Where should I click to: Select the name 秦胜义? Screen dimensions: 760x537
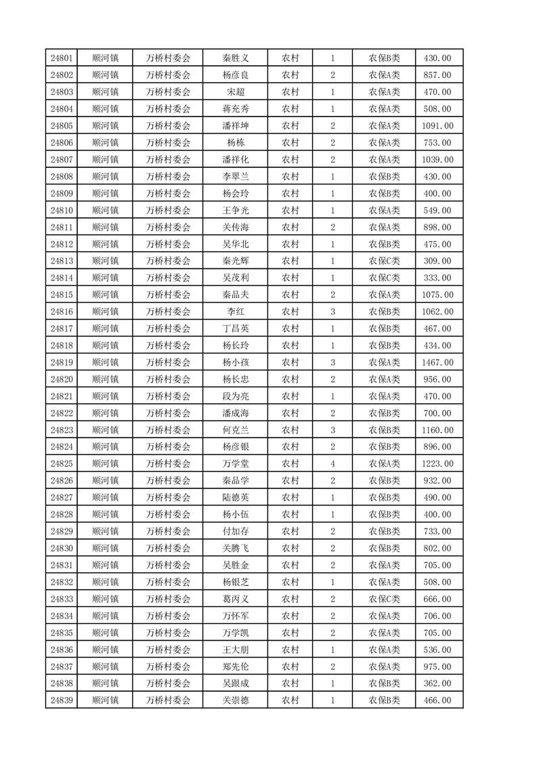tap(236, 58)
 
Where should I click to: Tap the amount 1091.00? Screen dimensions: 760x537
tap(437, 126)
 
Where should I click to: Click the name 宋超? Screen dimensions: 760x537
tap(236, 92)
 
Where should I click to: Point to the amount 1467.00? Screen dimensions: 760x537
tap(437, 362)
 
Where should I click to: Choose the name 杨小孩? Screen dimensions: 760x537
tap(236, 362)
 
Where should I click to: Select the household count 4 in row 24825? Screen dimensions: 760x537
tap(332, 464)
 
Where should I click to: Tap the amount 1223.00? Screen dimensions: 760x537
tap(437, 464)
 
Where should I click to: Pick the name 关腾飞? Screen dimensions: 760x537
tap(236, 549)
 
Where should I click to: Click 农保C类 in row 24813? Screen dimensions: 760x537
tap(384, 261)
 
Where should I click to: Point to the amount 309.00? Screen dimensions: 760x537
tap(437, 261)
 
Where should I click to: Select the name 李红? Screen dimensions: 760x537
tap(236, 312)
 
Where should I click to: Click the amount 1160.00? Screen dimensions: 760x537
tap(437, 430)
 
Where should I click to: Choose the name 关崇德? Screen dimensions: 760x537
tap(236, 700)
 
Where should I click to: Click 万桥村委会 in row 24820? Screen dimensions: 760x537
tap(169, 379)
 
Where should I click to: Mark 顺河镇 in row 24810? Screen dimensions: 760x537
tap(105, 211)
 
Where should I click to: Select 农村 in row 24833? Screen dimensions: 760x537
tap(291, 599)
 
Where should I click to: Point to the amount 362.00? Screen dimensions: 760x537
tap(437, 683)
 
